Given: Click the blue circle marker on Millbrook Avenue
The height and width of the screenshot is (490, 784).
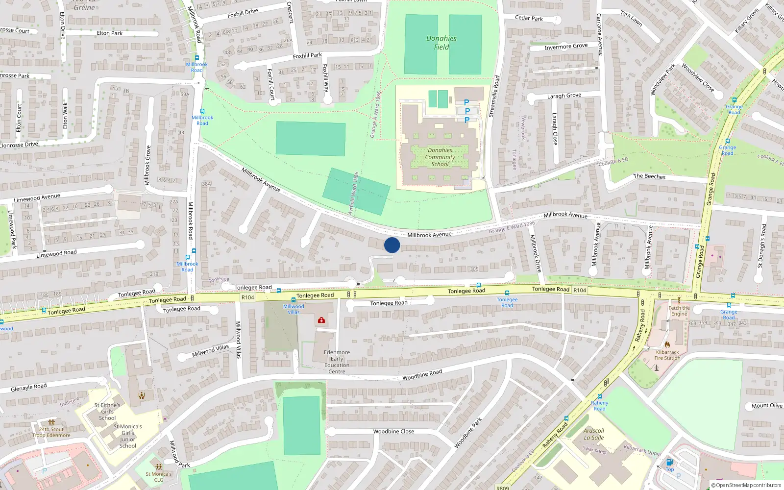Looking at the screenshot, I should [392, 245].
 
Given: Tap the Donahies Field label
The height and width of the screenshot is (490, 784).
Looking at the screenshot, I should [441, 43].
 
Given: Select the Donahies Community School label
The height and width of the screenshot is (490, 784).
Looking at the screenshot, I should [440, 157].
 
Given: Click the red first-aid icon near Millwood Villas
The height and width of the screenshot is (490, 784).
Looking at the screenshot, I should [321, 320].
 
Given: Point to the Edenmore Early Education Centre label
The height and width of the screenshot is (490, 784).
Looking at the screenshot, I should [337, 362].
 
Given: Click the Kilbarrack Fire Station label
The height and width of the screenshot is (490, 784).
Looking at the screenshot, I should [667, 355].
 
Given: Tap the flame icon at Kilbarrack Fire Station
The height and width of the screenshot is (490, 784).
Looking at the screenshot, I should [667, 344].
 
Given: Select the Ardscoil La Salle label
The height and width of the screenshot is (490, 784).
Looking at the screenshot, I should [593, 434].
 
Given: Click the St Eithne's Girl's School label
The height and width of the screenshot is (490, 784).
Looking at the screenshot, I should [107, 412].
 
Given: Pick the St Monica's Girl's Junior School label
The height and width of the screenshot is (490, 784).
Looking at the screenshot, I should [128, 436].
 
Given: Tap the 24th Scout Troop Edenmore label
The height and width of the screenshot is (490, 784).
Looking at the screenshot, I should [51, 432].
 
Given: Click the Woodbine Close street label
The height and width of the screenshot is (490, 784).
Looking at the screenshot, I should [393, 432].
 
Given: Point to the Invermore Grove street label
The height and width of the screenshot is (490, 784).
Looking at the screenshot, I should [566, 47].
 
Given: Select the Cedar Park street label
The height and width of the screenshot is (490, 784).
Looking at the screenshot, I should [529, 18].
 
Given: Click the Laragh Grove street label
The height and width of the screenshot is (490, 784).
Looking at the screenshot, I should [564, 96].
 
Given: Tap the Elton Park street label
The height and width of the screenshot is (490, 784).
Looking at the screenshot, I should [110, 33].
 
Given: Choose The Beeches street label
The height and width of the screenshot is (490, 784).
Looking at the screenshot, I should [649, 176].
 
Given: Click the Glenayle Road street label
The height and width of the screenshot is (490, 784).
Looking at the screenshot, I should [29, 388].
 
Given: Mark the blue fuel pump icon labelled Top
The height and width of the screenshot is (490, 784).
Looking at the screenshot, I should [669, 462].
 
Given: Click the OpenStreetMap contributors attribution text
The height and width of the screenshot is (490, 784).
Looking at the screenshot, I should [746, 485].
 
